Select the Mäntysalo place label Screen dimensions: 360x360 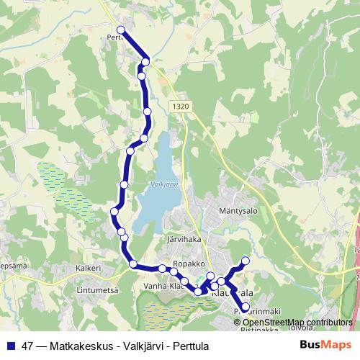(238, 211)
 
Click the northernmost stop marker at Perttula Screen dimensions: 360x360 (120, 30)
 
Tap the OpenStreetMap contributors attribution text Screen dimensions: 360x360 (297, 322)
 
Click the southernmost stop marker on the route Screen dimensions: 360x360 (246, 307)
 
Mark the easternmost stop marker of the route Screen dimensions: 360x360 (246, 261)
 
